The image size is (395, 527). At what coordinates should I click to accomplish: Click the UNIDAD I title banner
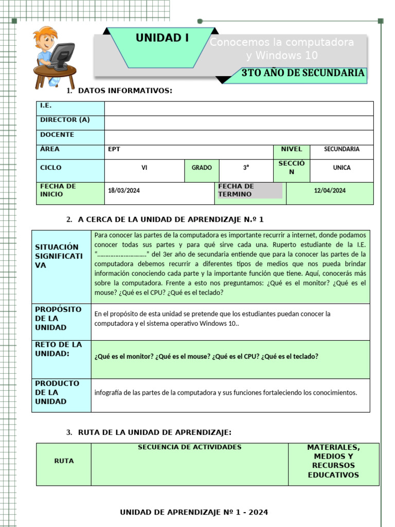point(162,38)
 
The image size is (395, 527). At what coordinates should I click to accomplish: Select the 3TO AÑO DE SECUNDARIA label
point(303,73)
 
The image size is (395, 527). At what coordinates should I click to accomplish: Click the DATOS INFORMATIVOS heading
point(124,91)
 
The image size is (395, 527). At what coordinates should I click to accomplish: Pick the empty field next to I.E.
point(239,109)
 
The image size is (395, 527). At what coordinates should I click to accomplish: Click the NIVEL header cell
point(292,149)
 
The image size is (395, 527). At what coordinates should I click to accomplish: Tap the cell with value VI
point(145,168)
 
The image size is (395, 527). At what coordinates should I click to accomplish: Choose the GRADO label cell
point(202,168)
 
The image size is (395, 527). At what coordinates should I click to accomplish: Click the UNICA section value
point(342,168)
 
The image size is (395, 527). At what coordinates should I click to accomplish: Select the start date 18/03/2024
point(124,190)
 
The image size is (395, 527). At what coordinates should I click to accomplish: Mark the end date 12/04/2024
point(330,190)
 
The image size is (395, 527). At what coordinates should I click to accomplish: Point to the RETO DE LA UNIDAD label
point(59,349)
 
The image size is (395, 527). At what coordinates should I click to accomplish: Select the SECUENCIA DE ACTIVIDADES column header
point(189,447)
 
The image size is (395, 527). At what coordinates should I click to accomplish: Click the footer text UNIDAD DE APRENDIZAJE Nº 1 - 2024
point(194,512)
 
